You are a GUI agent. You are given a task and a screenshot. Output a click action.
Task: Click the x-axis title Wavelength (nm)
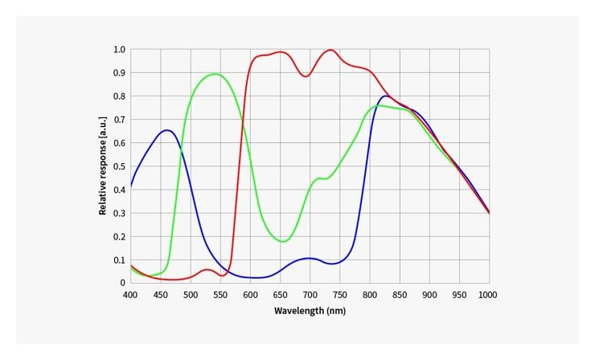click(310, 310)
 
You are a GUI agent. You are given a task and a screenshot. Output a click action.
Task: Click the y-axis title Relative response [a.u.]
click(103, 166)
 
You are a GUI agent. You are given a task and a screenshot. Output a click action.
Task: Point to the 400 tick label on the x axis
click(130, 295)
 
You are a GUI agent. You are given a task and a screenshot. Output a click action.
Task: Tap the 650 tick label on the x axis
click(280, 295)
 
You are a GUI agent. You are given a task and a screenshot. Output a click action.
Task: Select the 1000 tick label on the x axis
click(488, 295)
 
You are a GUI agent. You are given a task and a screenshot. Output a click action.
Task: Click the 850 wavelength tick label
click(400, 295)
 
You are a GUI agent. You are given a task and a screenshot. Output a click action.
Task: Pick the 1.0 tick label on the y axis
click(119, 50)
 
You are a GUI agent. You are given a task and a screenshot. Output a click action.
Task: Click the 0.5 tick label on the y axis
click(119, 166)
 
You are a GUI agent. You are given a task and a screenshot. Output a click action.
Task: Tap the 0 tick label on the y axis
click(123, 283)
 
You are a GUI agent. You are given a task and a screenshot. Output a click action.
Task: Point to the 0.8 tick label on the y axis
click(119, 96)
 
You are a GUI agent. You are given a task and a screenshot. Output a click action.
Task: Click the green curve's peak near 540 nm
click(215, 74)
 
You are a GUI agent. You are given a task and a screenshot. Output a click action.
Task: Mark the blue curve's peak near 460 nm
click(166, 130)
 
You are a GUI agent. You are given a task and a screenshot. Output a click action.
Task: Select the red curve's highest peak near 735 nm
click(330, 50)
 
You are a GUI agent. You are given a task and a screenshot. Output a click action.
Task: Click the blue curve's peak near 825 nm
click(385, 96)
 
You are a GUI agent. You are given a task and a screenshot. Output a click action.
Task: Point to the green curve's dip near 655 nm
click(283, 241)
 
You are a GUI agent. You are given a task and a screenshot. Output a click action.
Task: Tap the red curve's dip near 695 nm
click(306, 76)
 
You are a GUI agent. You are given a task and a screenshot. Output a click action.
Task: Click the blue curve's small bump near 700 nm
click(310, 258)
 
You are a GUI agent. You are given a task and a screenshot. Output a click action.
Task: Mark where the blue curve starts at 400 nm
click(131, 186)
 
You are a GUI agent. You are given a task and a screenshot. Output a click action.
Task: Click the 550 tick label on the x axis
click(220, 295)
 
